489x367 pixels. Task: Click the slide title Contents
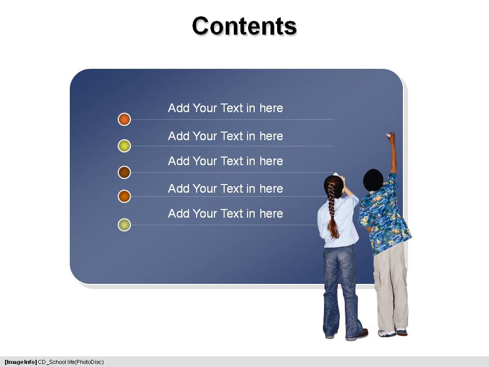pos(244,25)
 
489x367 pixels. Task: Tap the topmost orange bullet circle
pos(124,119)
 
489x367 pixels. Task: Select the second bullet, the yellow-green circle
pos(124,146)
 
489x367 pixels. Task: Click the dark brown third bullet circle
pos(124,172)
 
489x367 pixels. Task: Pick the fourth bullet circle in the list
pos(124,196)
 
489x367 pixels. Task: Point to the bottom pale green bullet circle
pos(124,225)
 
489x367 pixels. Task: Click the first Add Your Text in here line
pos(226,108)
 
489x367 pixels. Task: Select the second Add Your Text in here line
pos(226,136)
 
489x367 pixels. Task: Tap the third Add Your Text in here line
pos(226,161)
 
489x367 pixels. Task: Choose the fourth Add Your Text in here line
pos(226,189)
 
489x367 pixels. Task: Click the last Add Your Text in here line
pos(226,214)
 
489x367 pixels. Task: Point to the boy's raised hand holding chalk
pos(391,137)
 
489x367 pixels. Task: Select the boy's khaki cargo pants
pos(391,287)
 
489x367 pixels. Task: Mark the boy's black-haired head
pos(373,180)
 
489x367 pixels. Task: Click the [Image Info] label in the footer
pos(20,362)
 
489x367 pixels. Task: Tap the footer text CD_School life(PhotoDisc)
pos(71,362)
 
